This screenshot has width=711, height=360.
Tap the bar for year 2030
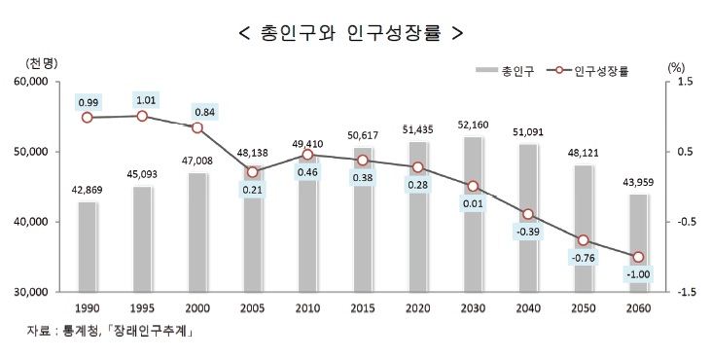pos(473,214)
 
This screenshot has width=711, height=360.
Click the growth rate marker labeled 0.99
pos(88,118)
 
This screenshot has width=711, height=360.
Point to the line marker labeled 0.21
pos(252,171)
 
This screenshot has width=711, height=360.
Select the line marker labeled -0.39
pos(527,214)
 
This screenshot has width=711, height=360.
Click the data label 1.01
pos(142,99)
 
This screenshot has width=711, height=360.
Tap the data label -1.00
pos(637,275)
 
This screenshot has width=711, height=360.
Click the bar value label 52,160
pos(473,126)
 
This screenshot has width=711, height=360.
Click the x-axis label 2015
pos(362,307)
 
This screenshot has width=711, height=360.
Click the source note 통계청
pos(87,333)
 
